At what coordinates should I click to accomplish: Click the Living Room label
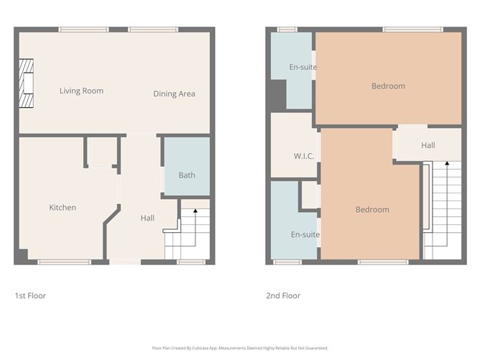pyautogui.click(x=81, y=91)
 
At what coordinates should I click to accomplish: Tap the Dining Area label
pyautogui.click(x=174, y=94)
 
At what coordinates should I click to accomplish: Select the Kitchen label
pyautogui.click(x=63, y=208)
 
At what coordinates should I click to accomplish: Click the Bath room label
pyautogui.click(x=187, y=175)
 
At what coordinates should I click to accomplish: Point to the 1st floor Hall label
pyautogui.click(x=147, y=218)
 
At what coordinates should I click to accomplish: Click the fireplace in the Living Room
pyautogui.click(x=27, y=83)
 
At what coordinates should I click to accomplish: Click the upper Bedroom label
pyautogui.click(x=388, y=86)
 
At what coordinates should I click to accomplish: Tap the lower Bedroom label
pyautogui.click(x=372, y=210)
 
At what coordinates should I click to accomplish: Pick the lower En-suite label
pyautogui.click(x=305, y=234)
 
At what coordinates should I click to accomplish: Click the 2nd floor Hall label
pyautogui.click(x=428, y=146)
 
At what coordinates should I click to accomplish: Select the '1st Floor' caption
pyautogui.click(x=30, y=295)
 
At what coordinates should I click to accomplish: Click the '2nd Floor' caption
pyautogui.click(x=283, y=295)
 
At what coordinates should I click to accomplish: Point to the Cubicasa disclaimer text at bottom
pyautogui.click(x=240, y=348)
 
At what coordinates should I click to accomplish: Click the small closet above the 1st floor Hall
pyautogui.click(x=100, y=152)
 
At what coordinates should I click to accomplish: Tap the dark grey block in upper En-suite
pyautogui.click(x=276, y=93)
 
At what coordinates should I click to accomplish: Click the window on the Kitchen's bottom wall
pyautogui.click(x=64, y=262)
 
